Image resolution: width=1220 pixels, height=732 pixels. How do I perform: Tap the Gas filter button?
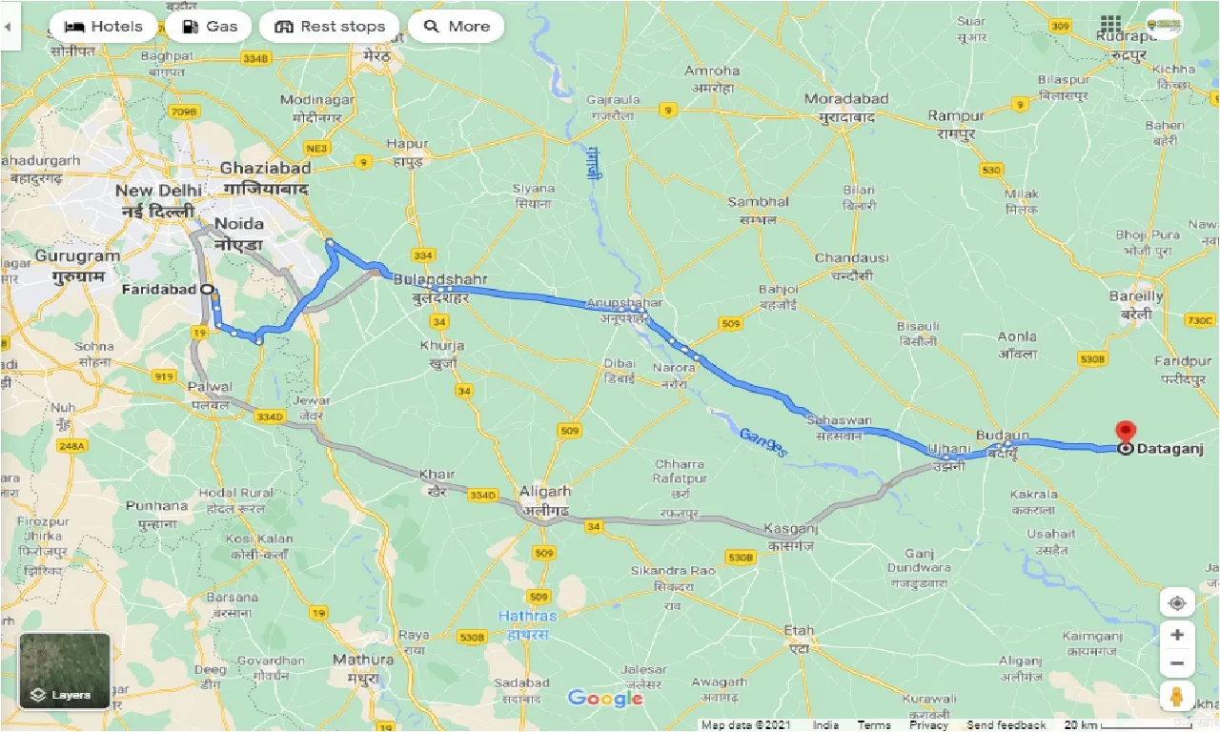pyautogui.click(x=209, y=27)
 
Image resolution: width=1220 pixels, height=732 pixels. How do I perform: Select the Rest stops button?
pyautogui.click(x=329, y=27)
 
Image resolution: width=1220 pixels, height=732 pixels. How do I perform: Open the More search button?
pyautogui.click(x=456, y=27)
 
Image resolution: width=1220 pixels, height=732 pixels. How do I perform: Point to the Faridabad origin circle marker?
pyautogui.click(x=207, y=289)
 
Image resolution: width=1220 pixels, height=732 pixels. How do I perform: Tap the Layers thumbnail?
pyautogui.click(x=65, y=671)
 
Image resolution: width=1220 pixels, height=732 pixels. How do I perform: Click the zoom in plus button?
pyautogui.click(x=1177, y=635)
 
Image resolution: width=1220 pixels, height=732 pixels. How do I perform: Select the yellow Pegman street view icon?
pyautogui.click(x=1177, y=696)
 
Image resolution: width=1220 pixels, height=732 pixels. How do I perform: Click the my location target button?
pyautogui.click(x=1177, y=603)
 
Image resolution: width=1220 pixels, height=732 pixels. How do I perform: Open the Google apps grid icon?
pyautogui.click(x=1110, y=24)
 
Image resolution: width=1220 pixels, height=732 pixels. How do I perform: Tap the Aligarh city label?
pyautogui.click(x=544, y=491)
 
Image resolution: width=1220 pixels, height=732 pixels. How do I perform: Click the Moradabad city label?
pyautogui.click(x=846, y=99)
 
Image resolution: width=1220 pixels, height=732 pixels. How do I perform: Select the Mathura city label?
pyautogui.click(x=363, y=660)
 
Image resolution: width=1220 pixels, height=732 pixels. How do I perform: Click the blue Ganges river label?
pyautogui.click(x=762, y=441)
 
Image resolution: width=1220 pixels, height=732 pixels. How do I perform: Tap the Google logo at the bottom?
pyautogui.click(x=605, y=699)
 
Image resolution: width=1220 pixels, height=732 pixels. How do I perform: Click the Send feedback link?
pyautogui.click(x=1006, y=725)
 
